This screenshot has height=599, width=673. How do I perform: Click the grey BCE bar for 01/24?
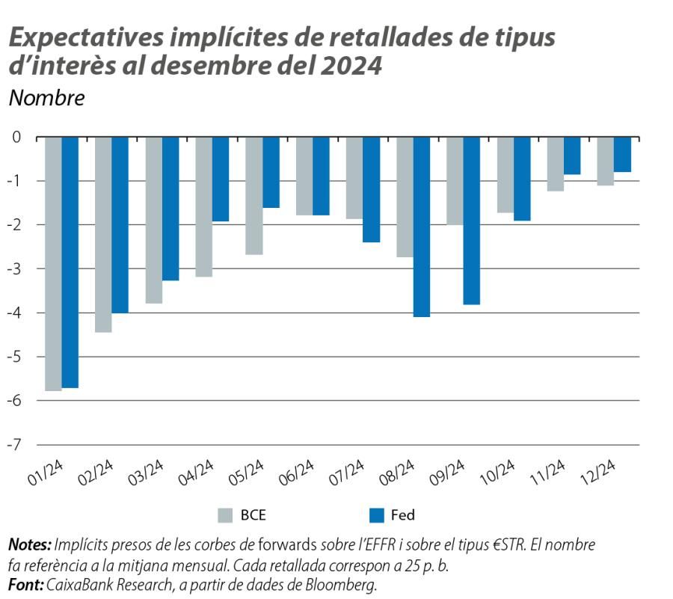click(53, 263)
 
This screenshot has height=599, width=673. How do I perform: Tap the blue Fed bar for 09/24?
click(471, 221)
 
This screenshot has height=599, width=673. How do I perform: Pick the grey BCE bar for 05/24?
click(253, 196)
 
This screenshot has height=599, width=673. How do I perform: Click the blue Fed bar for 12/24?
click(622, 155)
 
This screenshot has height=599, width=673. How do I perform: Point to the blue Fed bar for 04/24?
click(221, 179)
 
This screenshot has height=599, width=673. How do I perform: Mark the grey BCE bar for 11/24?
click(555, 165)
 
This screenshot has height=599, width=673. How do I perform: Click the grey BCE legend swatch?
click(225, 515)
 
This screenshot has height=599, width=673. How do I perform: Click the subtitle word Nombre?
click(46, 98)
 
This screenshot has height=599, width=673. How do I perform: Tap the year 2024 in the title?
click(351, 65)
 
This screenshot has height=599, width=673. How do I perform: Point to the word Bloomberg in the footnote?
click(343, 584)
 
